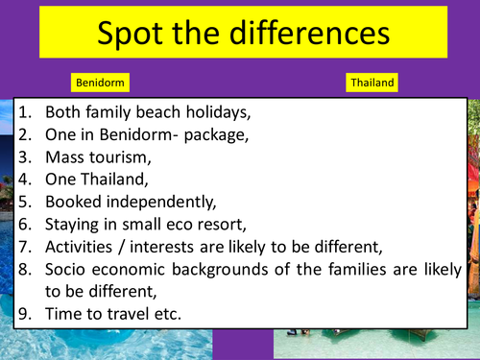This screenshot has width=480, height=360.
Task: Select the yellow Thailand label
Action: click(372, 83)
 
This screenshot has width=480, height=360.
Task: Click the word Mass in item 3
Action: click(69, 156)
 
